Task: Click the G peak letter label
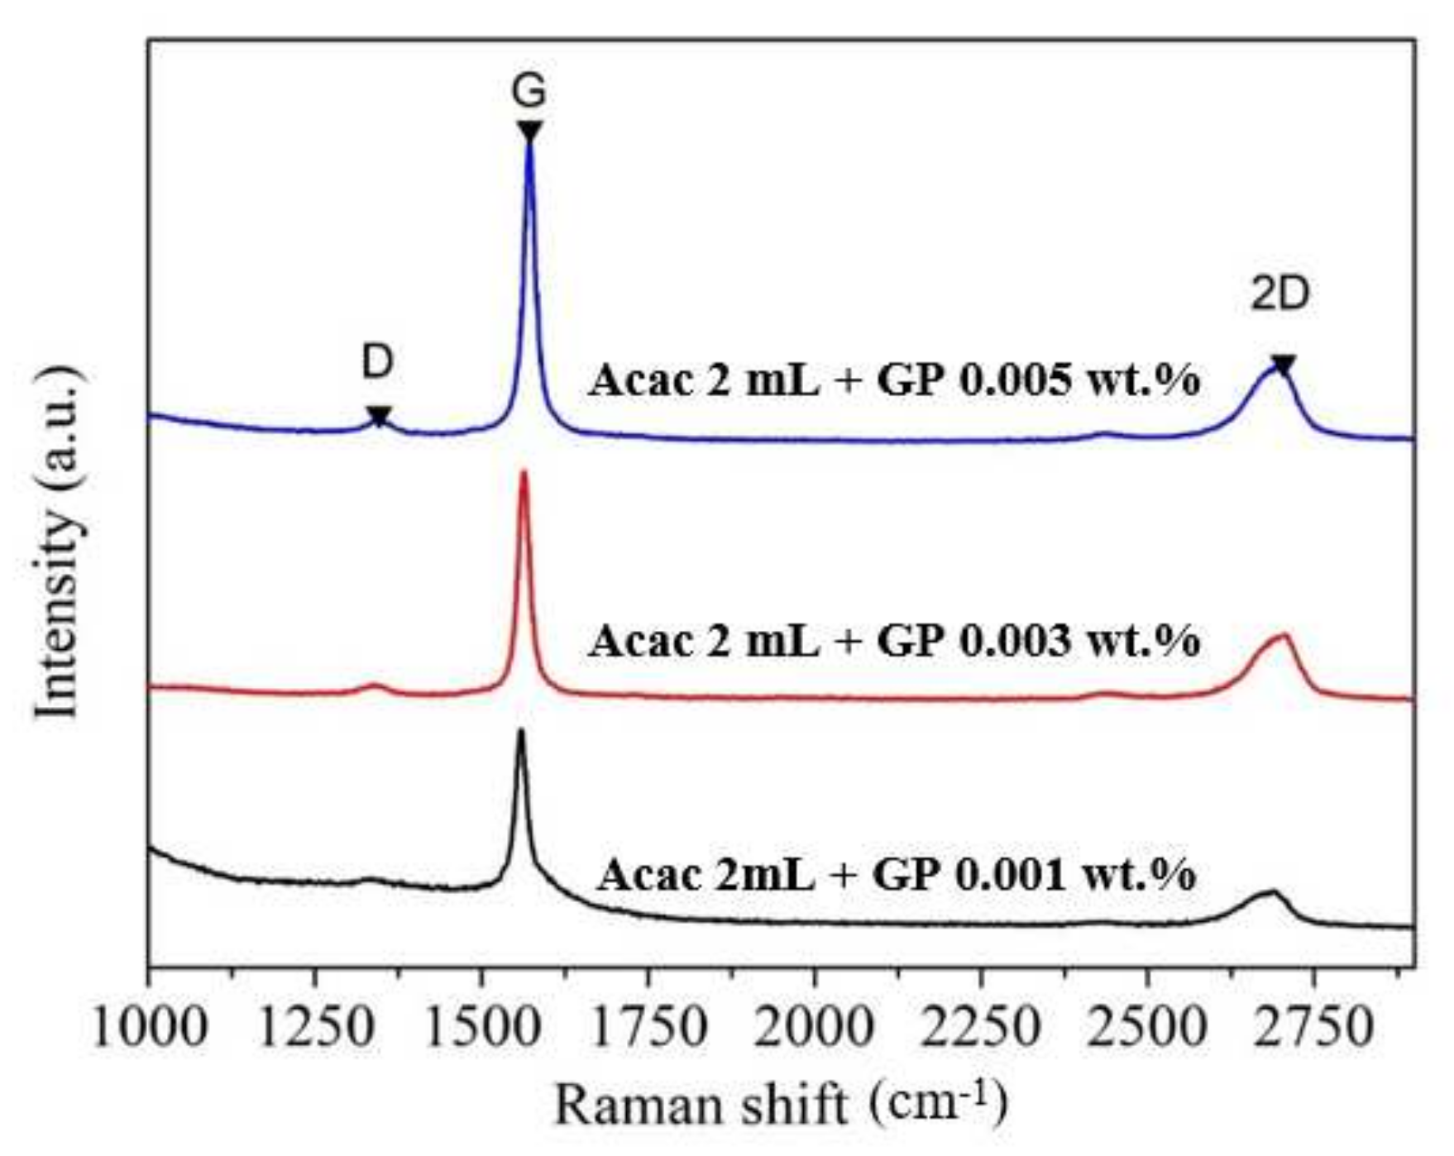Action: pos(529,91)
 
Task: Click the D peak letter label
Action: pos(377,362)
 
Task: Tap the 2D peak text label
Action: pos(1280,294)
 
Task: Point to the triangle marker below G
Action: pos(529,131)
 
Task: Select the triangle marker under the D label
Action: pos(378,416)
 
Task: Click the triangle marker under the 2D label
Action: pos(1283,365)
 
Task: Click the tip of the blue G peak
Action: pos(529,147)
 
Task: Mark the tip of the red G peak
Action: pos(523,473)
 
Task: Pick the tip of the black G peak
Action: pos(520,731)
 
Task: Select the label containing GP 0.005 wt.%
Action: pos(893,381)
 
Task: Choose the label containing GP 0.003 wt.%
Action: pos(893,641)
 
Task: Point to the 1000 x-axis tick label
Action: pos(150,1028)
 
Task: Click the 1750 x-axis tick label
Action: pos(648,1028)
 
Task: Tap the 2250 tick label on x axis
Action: pos(981,1028)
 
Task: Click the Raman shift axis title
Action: pos(781,1106)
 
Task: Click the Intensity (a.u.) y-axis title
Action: pos(60,544)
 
